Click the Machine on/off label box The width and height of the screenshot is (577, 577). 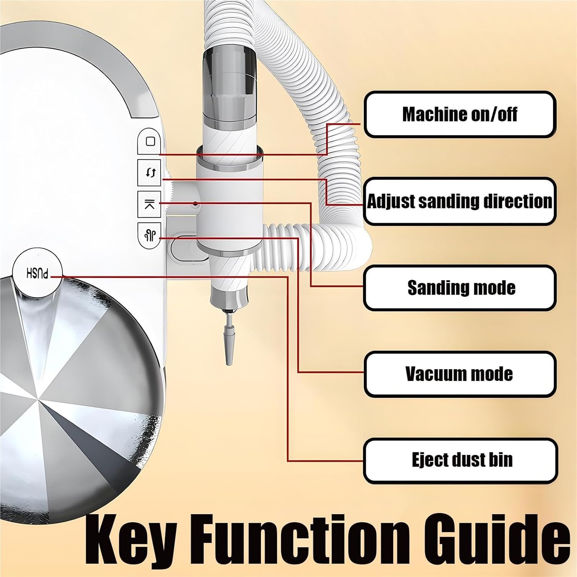pos(460,114)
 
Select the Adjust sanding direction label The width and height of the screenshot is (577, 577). pos(460,201)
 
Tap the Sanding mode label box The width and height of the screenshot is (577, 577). pos(460,288)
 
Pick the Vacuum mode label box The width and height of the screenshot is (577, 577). pos(460,374)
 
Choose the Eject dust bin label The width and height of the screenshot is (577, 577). pos(460,460)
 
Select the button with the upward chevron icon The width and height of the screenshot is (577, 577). pos(150,204)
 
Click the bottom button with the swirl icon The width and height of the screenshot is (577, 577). pos(150,235)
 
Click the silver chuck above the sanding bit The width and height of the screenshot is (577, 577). pos(229,300)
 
